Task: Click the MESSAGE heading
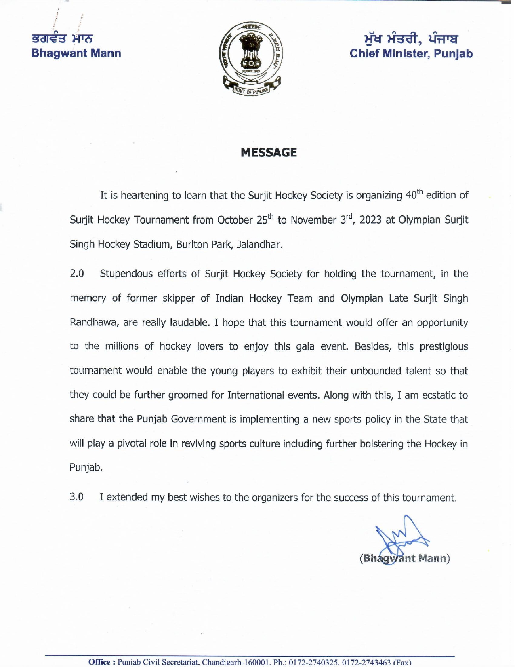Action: pos(269,152)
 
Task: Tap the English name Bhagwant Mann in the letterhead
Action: pos(76,53)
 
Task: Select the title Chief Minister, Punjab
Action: pos(411,53)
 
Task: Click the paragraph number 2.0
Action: pos(77,274)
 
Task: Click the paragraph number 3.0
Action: pos(77,497)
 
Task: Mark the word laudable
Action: pos(189,323)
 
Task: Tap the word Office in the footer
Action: pos(99,662)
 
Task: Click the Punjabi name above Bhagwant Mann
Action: pos(63,39)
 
